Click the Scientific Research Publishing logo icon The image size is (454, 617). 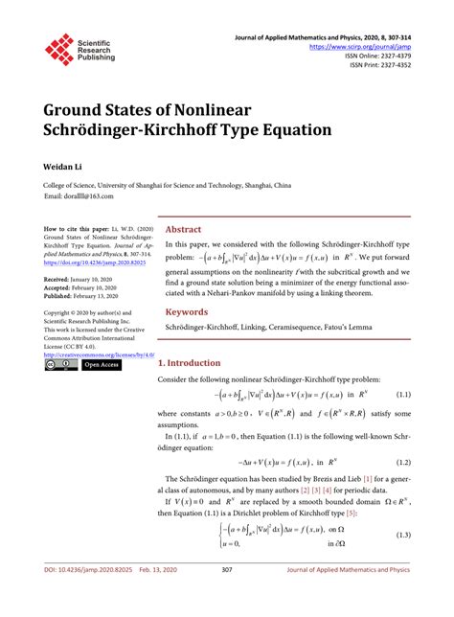60,50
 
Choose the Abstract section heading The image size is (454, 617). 184,230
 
